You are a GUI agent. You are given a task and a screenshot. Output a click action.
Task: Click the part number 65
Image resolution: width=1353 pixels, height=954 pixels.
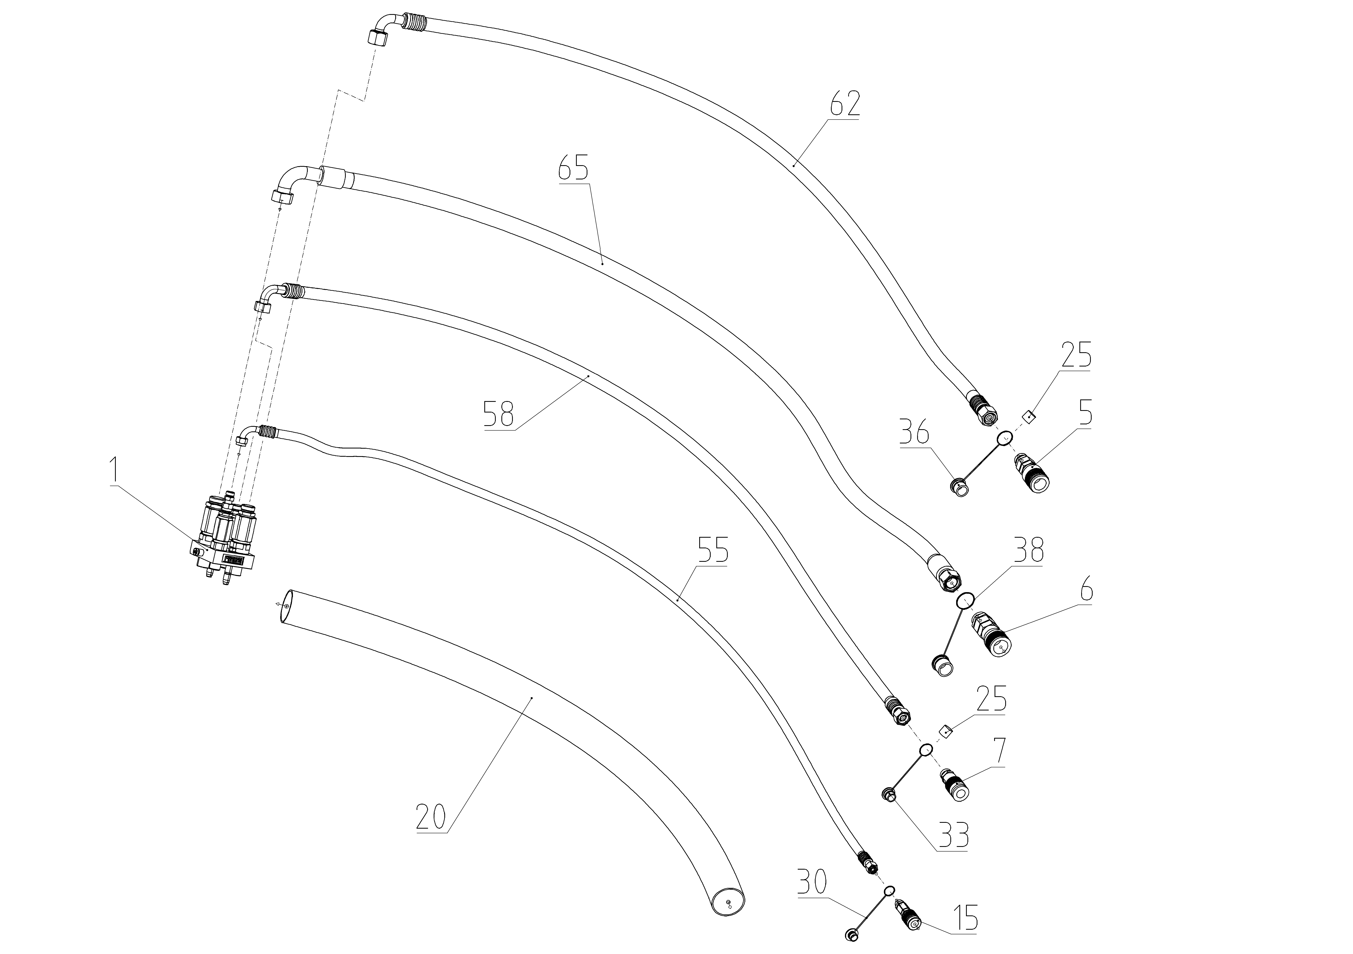(x=573, y=169)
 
